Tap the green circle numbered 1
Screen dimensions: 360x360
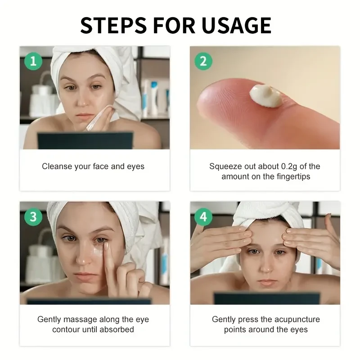pyautogui.click(x=33, y=61)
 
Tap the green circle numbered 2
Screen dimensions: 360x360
pyautogui.click(x=203, y=61)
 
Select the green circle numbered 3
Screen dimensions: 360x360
pyautogui.click(x=33, y=216)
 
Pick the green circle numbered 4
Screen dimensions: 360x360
pyautogui.click(x=203, y=216)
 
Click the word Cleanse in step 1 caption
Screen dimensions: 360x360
pyautogui.click(x=57, y=166)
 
